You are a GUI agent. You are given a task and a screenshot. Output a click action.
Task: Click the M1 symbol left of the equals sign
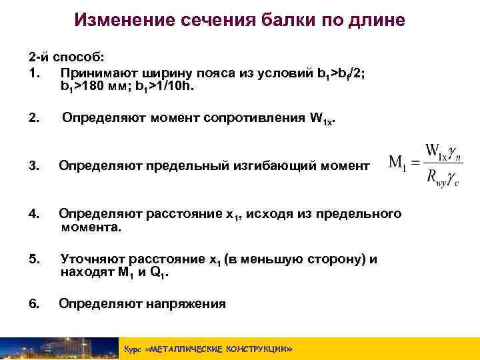pyautogui.click(x=398, y=163)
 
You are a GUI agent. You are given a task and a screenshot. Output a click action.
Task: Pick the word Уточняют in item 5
pyautogui.click(x=91, y=259)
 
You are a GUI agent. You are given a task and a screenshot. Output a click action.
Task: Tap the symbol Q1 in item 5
pyautogui.click(x=161, y=273)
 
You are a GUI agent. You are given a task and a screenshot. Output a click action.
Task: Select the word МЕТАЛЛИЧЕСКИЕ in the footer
pyautogui.click(x=187, y=349)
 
